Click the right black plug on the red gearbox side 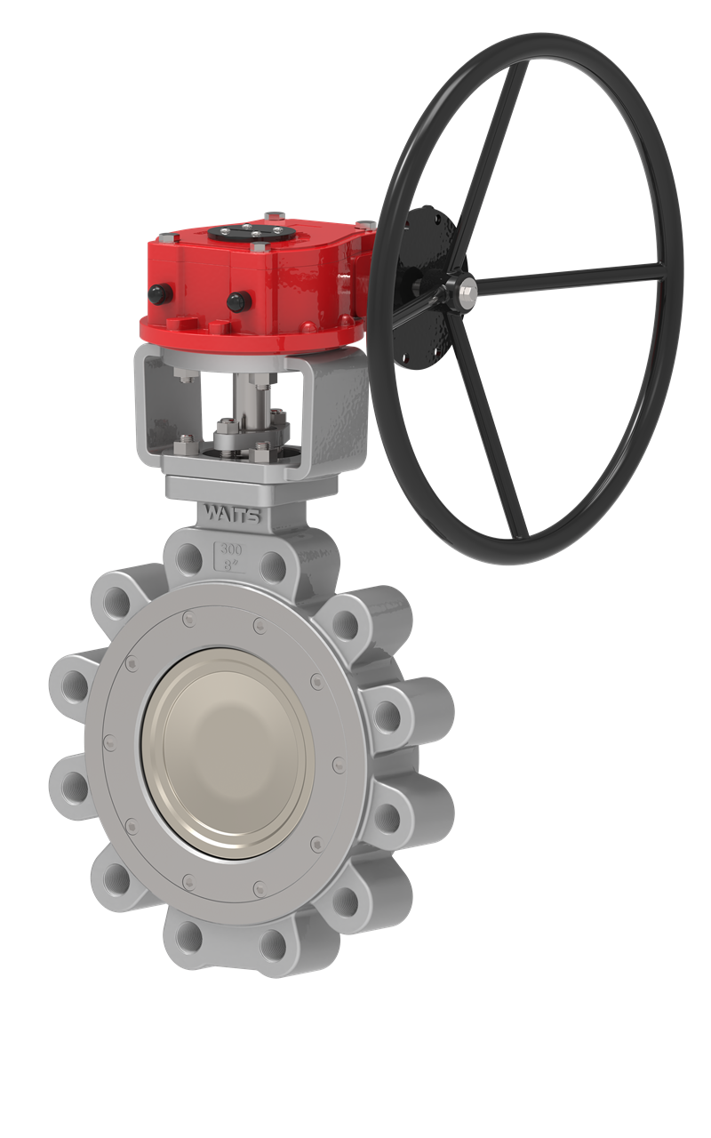236,300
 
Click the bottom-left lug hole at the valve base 188,936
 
